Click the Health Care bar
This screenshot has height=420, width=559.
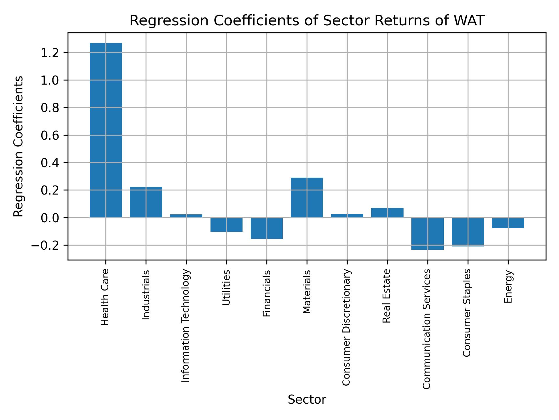click(106, 130)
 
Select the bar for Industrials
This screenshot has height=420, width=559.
click(146, 202)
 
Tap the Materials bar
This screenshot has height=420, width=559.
click(307, 197)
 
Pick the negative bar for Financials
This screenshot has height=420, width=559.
click(267, 228)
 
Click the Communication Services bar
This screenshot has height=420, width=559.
click(427, 234)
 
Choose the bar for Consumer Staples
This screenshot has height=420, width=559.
click(468, 232)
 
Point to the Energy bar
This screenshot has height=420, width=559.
click(508, 223)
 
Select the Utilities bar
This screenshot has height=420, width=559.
click(227, 225)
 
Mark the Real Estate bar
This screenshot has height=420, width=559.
click(387, 213)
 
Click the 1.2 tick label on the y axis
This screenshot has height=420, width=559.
click(50, 53)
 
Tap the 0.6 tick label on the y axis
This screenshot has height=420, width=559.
click(50, 135)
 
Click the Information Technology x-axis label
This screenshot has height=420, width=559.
click(186, 325)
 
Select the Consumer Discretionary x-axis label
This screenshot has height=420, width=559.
click(346, 327)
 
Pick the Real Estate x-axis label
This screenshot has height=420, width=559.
click(386, 296)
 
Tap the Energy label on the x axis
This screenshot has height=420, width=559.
click(508, 286)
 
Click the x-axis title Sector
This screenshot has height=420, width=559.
click(307, 400)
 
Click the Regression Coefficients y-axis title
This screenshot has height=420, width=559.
click(19, 146)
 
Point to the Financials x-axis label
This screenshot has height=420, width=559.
click(267, 293)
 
